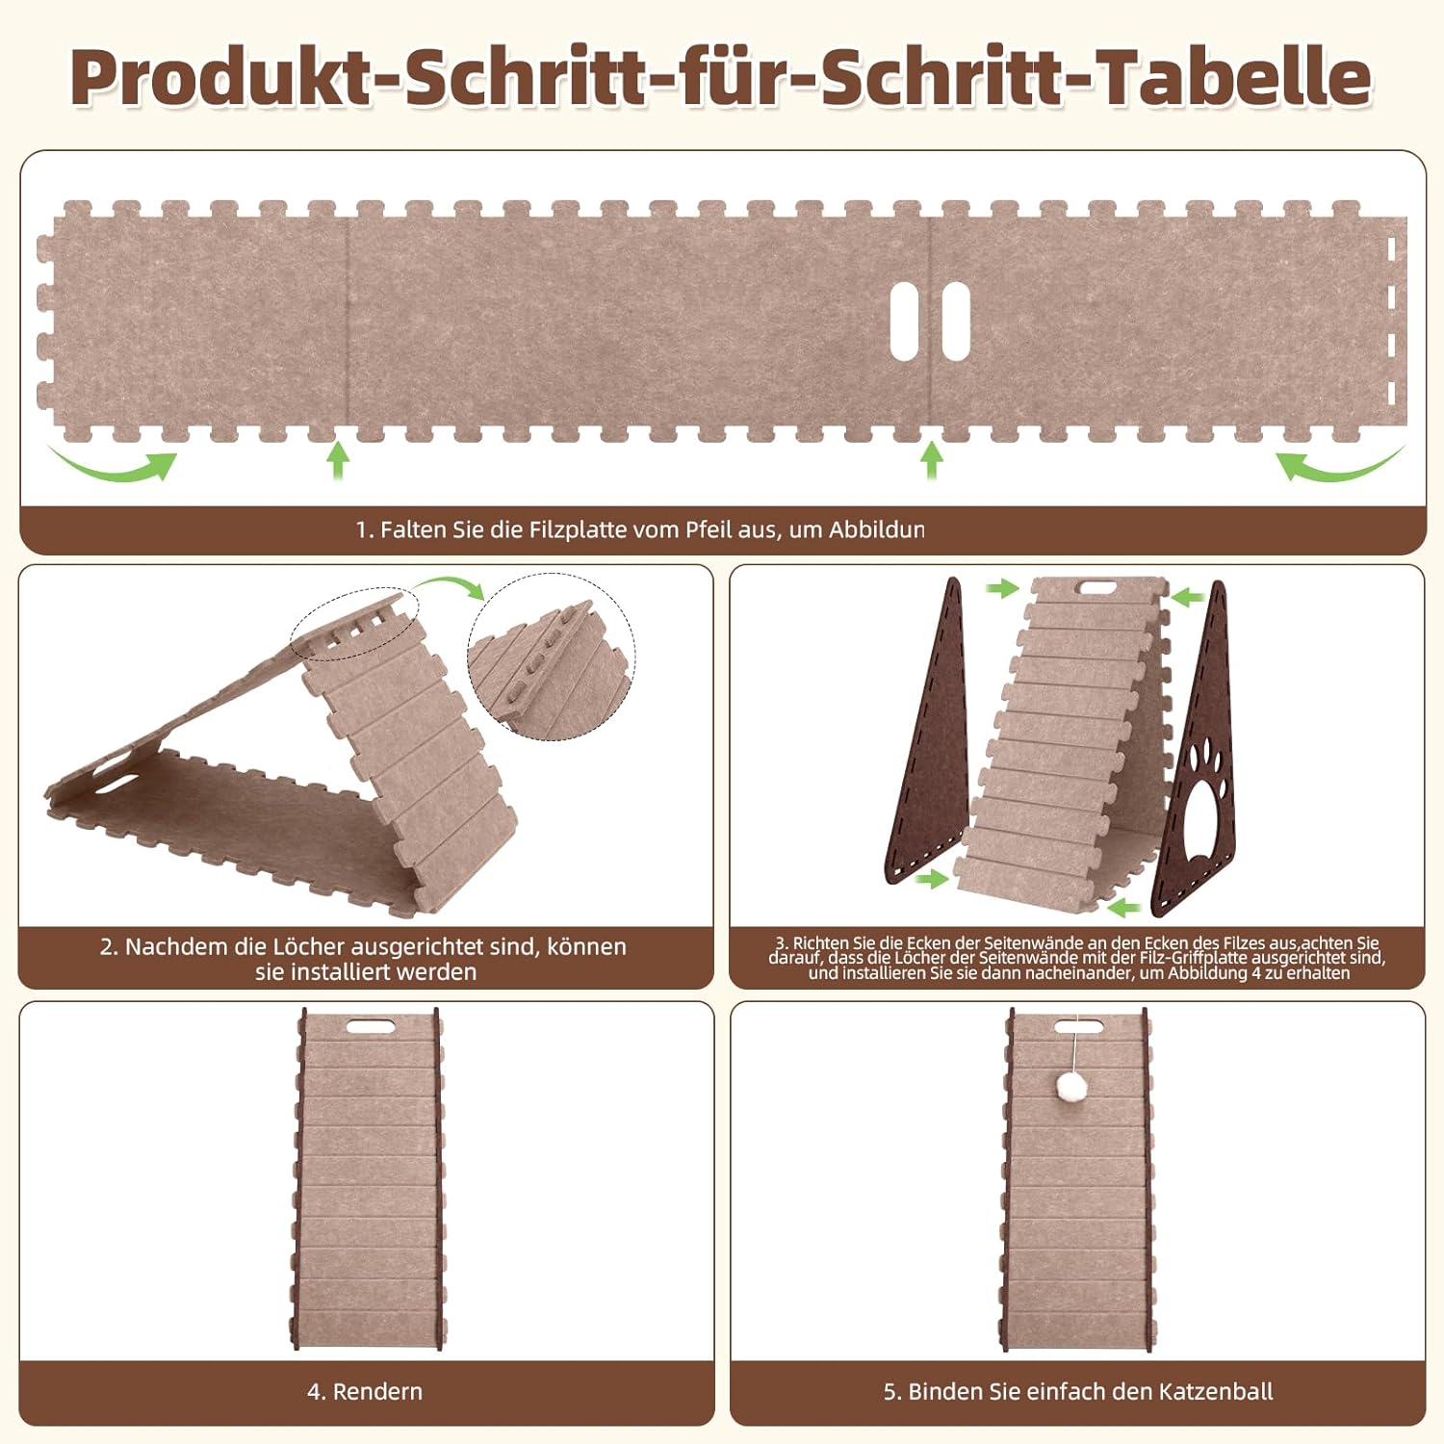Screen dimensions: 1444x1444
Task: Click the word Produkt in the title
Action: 222,78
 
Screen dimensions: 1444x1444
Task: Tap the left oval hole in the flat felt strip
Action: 904,321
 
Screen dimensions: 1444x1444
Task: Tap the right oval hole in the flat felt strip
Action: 955,321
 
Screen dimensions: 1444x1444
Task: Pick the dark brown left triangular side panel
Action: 926,732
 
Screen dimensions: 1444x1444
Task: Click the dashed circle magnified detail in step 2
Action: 552,657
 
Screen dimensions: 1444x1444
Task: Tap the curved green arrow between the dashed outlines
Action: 451,585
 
